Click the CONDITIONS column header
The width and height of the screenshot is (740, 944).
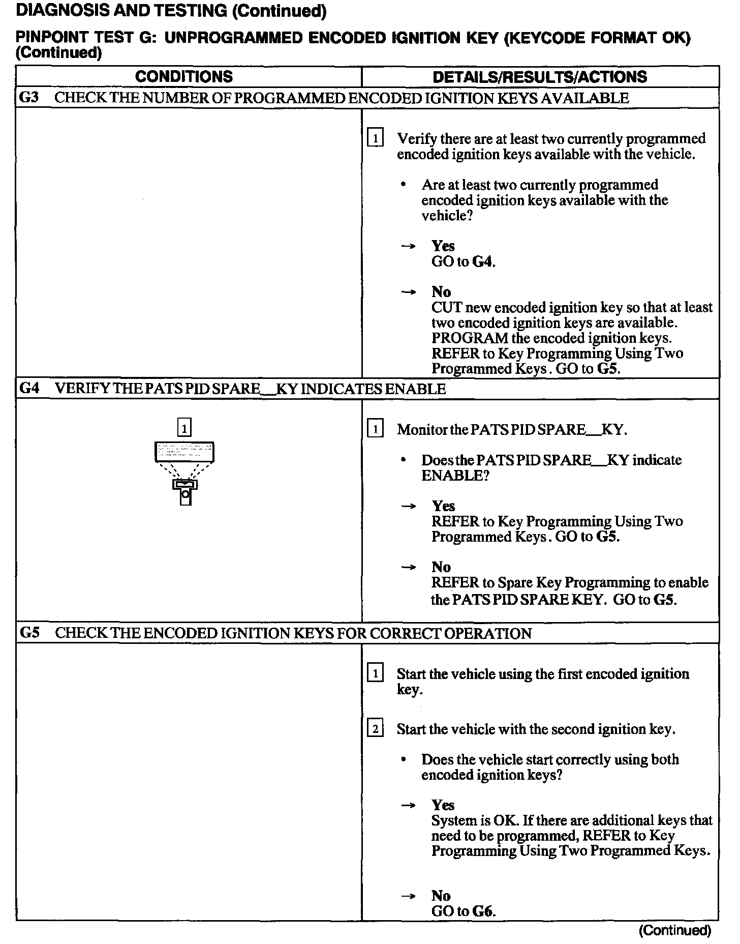pyautogui.click(x=184, y=77)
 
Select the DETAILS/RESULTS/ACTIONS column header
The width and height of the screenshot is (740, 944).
pyautogui.click(x=540, y=77)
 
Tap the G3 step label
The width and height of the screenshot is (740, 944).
pyautogui.click(x=29, y=98)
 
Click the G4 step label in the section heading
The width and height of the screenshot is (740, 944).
pyautogui.click(x=29, y=389)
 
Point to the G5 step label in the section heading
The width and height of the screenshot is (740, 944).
pyautogui.click(x=29, y=633)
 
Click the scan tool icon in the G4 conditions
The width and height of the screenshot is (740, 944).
pyautogui.click(x=184, y=452)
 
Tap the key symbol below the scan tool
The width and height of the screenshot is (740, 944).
pyautogui.click(x=186, y=492)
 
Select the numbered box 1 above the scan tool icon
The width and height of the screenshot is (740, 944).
pyautogui.click(x=184, y=427)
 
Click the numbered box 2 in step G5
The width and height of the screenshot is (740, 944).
pyautogui.click(x=375, y=729)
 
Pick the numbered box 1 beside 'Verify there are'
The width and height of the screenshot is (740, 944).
pyautogui.click(x=375, y=138)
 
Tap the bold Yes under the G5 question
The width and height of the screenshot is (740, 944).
pyautogui.click(x=443, y=805)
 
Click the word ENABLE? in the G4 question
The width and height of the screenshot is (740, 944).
pyautogui.click(x=455, y=476)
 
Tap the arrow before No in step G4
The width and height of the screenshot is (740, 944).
pyautogui.click(x=408, y=567)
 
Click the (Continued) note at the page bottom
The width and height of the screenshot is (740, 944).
pyautogui.click(x=674, y=930)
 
